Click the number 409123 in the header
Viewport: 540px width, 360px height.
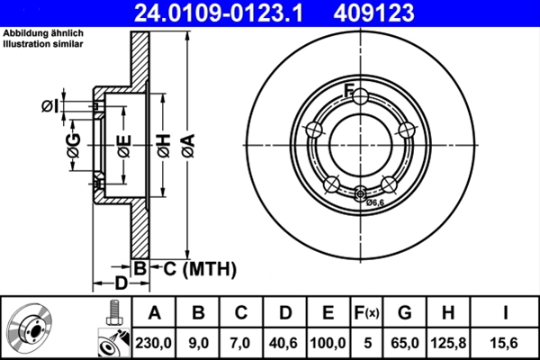click(x=401, y=13)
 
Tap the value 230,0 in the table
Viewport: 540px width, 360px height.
click(x=155, y=340)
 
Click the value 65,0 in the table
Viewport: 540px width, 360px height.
click(x=405, y=340)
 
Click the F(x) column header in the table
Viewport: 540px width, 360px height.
click(x=366, y=313)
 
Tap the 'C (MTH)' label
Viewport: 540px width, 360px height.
click(x=199, y=267)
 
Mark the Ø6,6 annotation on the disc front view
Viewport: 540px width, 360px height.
click(x=374, y=202)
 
